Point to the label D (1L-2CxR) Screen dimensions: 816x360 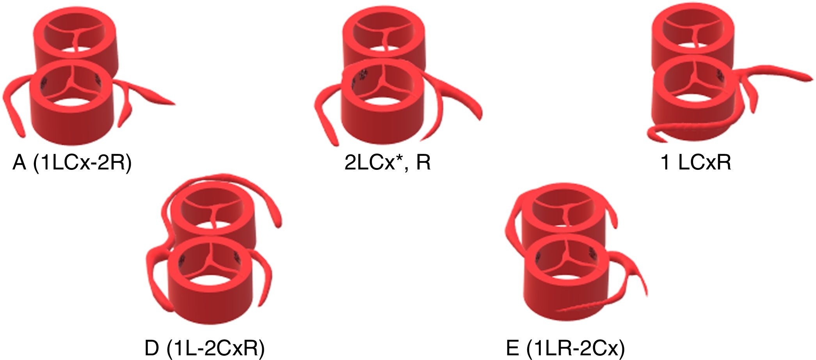[204, 348]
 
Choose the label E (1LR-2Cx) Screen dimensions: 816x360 [565, 348]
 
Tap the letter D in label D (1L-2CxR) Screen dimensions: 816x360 [152, 348]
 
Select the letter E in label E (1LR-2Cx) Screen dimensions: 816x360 [512, 348]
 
